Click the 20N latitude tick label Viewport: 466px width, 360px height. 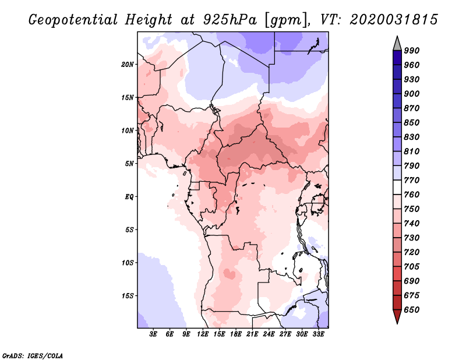tap(128, 65)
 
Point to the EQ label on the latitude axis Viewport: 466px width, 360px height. tap(129, 197)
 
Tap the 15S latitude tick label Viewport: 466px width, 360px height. tap(128, 296)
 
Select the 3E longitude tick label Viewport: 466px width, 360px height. tap(153, 334)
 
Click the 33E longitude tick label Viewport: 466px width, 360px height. tap(318, 334)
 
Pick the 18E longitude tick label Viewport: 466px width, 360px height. tap(236, 334)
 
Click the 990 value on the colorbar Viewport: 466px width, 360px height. tap(412, 51)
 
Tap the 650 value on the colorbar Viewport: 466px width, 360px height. tap(412, 310)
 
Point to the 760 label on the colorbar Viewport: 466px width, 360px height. tap(412, 195)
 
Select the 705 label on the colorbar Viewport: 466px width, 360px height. tap(412, 266)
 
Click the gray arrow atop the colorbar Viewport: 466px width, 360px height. tap(397, 44)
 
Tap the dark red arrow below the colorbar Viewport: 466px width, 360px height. tap(397, 316)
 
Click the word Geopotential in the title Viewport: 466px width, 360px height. tap(73, 20)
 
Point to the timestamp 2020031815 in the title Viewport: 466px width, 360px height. tap(394, 20)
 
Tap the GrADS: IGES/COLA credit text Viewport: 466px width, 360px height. tap(33, 355)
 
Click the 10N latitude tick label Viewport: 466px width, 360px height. tap(128, 130)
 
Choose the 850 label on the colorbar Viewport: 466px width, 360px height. tap(412, 122)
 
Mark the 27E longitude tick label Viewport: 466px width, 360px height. tap(285, 334)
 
